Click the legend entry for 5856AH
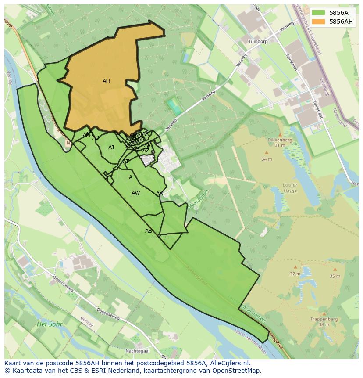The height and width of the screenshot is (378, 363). click(341, 22)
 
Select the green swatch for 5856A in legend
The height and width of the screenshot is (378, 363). click(318, 13)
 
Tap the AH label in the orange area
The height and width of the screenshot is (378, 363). click(106, 81)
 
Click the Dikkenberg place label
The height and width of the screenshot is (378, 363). click(279, 140)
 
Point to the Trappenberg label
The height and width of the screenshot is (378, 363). click(324, 319)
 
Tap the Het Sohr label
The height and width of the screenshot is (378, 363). click(50, 324)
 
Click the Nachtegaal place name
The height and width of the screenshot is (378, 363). click(137, 351)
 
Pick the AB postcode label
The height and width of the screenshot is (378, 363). click(149, 231)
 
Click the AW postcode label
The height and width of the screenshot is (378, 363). click(136, 193)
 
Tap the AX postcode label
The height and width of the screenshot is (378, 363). click(160, 194)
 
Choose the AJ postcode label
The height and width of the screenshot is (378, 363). click(111, 148)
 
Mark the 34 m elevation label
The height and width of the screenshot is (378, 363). click(267, 159)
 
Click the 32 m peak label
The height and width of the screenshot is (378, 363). click(295, 274)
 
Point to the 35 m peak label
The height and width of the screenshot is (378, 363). click(335, 276)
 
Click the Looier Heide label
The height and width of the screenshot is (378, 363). click(290, 188)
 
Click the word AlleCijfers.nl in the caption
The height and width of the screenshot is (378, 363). click(228, 363)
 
